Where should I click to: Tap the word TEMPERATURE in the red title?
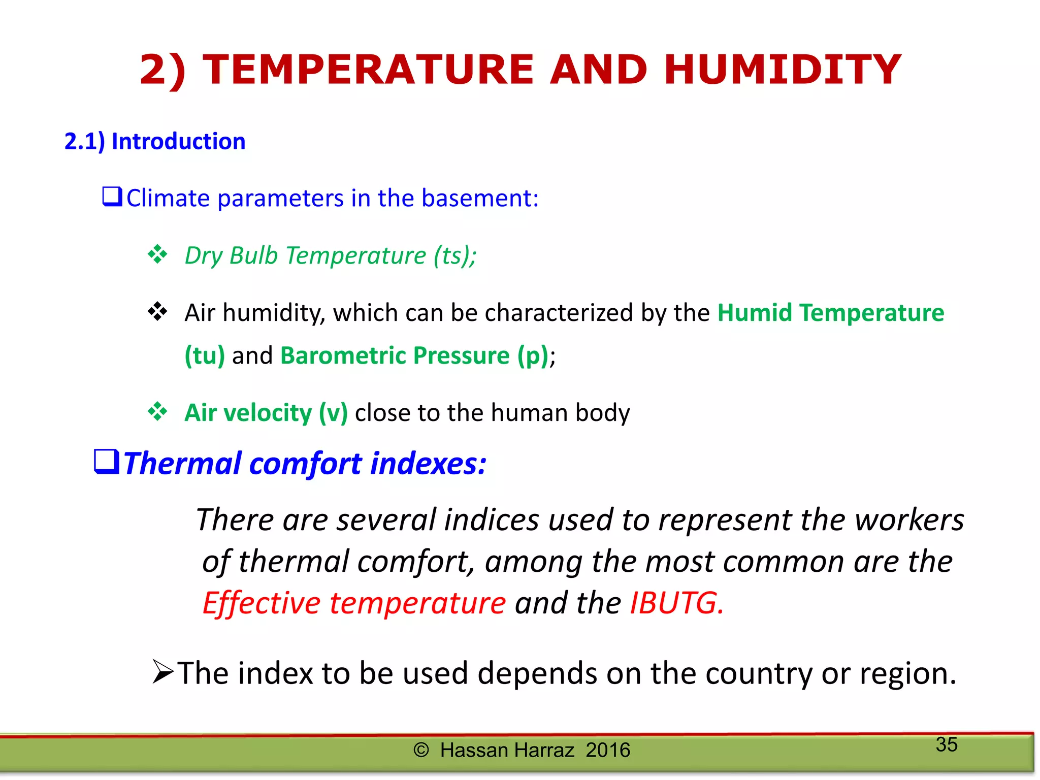coord(368,70)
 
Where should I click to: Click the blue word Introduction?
coord(178,141)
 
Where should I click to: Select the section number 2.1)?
coord(84,141)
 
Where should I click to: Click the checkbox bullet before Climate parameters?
coord(112,197)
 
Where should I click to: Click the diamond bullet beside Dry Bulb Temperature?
coord(157,254)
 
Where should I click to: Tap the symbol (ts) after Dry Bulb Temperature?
coord(453,255)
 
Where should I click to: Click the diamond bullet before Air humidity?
coord(157,311)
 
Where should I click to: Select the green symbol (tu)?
coord(205,355)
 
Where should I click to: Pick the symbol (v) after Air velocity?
coord(333,412)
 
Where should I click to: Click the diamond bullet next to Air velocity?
coord(157,411)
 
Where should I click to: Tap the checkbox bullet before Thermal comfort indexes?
coord(107,462)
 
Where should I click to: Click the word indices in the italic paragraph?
coord(491,520)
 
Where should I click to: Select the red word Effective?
coord(261,603)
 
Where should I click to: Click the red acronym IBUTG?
coord(676,603)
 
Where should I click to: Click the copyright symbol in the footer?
coord(421,750)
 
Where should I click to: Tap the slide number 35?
coord(947,744)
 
